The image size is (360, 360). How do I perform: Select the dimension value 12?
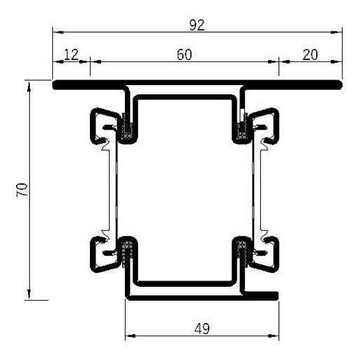click(x=71, y=54)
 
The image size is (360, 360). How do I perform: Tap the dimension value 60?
click(x=184, y=54)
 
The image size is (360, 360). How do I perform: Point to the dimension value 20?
click(x=310, y=54)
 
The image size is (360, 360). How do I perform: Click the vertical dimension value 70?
click(x=20, y=190)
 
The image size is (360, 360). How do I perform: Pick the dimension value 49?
click(x=200, y=327)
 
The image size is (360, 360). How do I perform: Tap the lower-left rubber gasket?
click(x=127, y=251)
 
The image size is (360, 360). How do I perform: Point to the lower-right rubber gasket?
click(x=241, y=251)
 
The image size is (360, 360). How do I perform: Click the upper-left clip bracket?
click(x=101, y=124)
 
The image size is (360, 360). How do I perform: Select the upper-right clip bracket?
click(x=269, y=124)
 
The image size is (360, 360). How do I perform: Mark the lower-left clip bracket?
click(x=101, y=256)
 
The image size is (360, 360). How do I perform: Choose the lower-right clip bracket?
click(x=269, y=256)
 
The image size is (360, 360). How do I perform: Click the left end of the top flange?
click(x=56, y=85)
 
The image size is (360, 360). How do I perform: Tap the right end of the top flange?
click(x=343, y=85)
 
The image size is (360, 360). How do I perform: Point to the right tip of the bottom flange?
click(x=278, y=296)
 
